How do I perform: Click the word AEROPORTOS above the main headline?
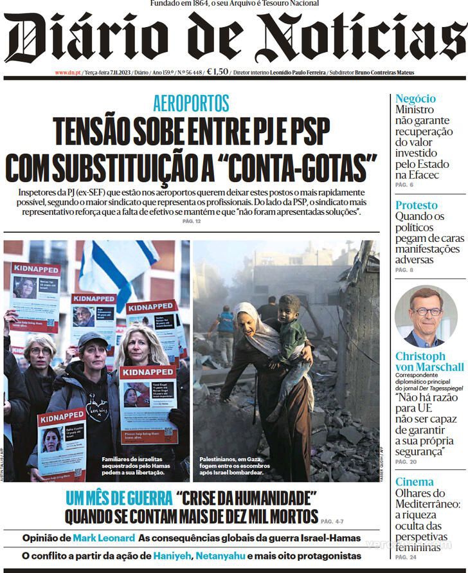click(191, 103)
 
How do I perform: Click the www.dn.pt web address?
click(66, 73)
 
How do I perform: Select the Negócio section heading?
click(415, 98)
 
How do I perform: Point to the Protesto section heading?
click(416, 205)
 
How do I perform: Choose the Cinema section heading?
click(414, 482)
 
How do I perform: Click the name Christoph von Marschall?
click(429, 361)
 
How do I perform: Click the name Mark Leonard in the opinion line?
click(104, 538)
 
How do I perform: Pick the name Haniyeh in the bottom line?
click(172, 555)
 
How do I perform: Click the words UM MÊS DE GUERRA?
click(118, 498)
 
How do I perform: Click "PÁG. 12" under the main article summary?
click(192, 222)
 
